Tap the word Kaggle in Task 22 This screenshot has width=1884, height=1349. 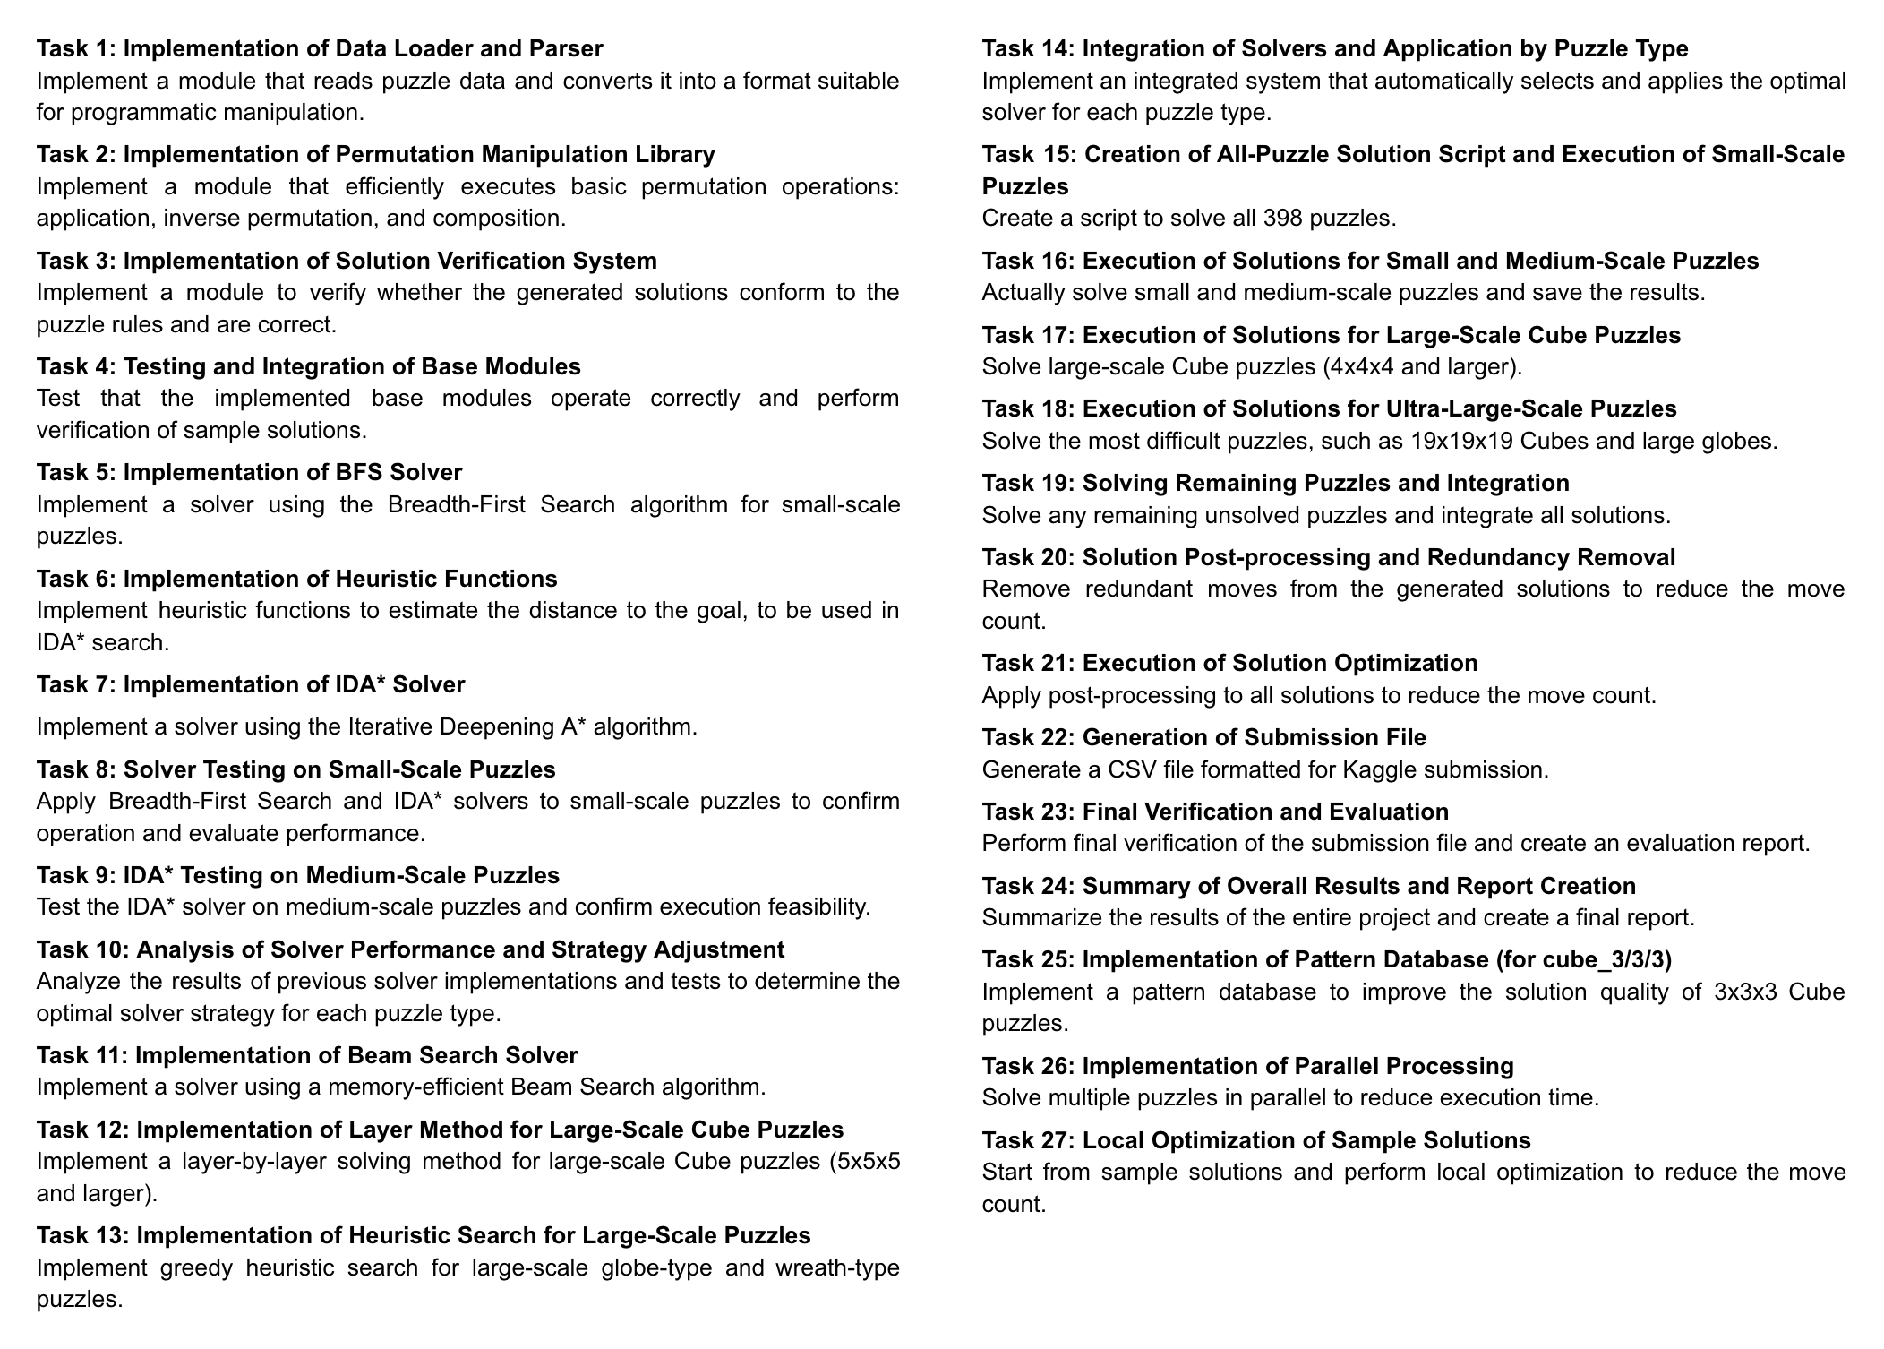tap(1416, 769)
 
